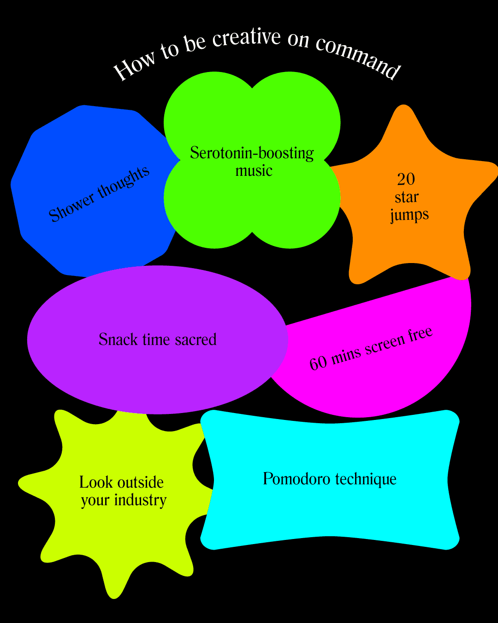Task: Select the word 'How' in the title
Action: click(129, 69)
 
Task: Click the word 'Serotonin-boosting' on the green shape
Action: click(252, 153)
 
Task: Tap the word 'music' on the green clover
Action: click(254, 171)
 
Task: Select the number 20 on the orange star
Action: click(406, 179)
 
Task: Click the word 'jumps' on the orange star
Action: click(409, 215)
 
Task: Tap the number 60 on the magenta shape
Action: click(318, 363)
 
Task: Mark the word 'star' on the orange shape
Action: click(407, 197)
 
